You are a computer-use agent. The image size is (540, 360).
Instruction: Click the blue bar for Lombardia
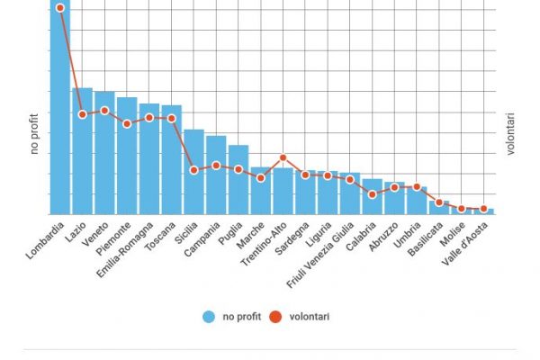pos(59,108)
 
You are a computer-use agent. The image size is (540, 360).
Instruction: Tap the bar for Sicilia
pos(193,172)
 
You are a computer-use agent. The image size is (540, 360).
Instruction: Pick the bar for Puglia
pos(238,180)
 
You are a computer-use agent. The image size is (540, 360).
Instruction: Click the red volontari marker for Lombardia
pos(60,7)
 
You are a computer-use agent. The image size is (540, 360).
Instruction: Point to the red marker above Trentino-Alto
pos(283,157)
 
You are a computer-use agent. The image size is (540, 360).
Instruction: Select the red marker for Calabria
pos(372,194)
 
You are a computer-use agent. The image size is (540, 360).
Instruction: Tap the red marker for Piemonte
pos(127,123)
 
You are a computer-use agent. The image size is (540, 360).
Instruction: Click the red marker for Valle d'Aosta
pos(483,209)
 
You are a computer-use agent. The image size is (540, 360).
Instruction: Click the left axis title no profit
pos(34,134)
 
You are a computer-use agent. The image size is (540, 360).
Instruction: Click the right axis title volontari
pos(510,134)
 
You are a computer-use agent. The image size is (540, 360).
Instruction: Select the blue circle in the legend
pos(209,316)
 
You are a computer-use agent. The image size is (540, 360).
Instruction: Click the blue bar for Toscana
pos(171,160)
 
